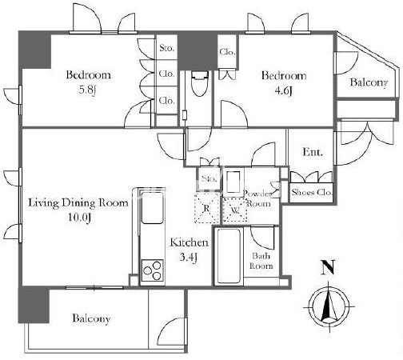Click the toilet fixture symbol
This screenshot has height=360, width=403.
(x=200, y=83)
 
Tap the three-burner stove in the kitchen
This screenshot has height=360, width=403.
(x=152, y=270)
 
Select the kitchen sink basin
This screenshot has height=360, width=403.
(x=152, y=207)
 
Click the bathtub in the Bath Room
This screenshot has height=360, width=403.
(x=228, y=256)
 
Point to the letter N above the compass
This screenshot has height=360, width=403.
(x=328, y=267)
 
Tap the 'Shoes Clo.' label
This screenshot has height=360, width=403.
(x=311, y=192)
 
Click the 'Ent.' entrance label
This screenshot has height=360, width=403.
(x=313, y=152)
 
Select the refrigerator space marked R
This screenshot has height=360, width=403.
(x=207, y=208)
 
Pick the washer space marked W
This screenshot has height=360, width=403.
(x=235, y=210)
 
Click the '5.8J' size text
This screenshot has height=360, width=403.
(x=87, y=90)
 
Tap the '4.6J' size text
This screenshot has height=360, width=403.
(x=283, y=91)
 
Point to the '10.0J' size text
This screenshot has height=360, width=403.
(x=80, y=218)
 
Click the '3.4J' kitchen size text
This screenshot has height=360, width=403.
(x=189, y=257)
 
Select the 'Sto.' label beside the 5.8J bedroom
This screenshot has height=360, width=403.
(x=166, y=48)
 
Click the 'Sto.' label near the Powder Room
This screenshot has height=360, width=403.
(x=209, y=178)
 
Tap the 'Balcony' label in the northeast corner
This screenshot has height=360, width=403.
(x=369, y=82)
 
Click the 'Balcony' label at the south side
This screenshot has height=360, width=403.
(x=91, y=318)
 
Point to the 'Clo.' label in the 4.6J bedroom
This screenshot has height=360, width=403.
(x=227, y=52)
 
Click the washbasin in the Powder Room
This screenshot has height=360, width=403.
(x=234, y=181)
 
